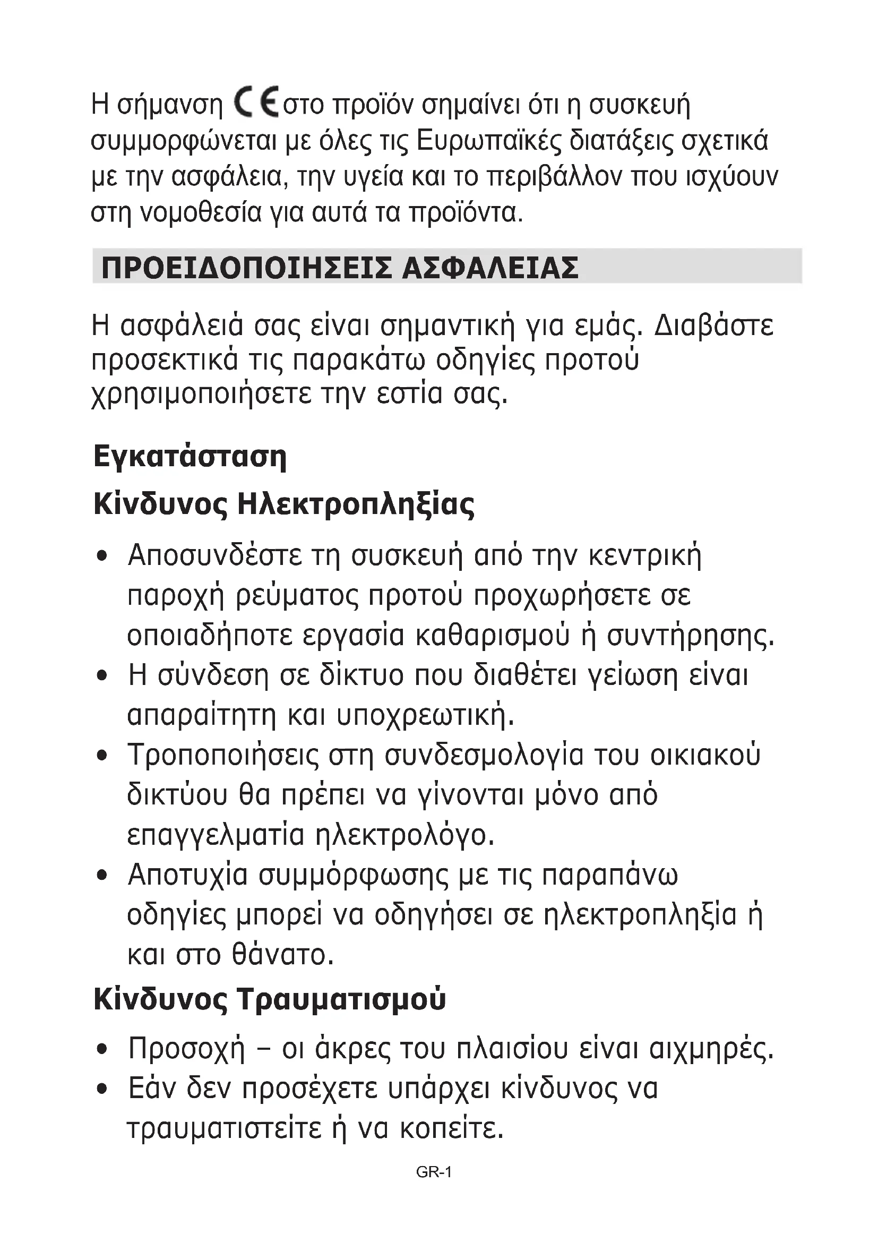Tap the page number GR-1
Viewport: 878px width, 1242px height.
(x=434, y=1172)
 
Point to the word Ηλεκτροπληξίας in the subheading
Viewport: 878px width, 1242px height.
(x=356, y=504)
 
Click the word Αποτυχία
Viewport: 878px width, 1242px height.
(x=187, y=875)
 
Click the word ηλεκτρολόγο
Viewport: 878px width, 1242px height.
(x=405, y=835)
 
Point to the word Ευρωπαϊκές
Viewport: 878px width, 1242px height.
(x=490, y=141)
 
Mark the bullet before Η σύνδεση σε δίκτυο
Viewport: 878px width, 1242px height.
(x=101, y=675)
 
